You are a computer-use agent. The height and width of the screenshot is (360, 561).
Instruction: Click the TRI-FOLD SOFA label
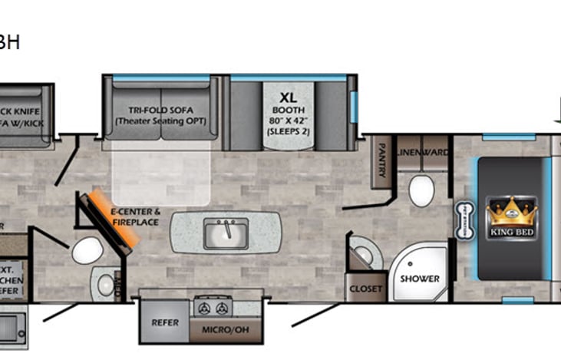pos(160,111)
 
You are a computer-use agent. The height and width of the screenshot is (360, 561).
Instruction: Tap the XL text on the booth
pos(288,97)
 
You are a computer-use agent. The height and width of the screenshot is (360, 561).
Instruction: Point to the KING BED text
pos(513,230)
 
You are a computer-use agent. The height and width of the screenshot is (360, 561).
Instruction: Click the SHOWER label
pos(419,278)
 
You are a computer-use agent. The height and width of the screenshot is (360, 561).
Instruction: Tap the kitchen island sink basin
pos(226,232)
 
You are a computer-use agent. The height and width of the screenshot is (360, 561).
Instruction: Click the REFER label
pos(164,322)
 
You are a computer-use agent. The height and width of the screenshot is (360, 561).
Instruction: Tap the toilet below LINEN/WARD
pos(421,191)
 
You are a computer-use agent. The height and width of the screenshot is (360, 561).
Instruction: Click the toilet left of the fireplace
pos(87,249)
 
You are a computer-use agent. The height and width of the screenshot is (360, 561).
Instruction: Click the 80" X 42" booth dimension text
pos(288,120)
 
